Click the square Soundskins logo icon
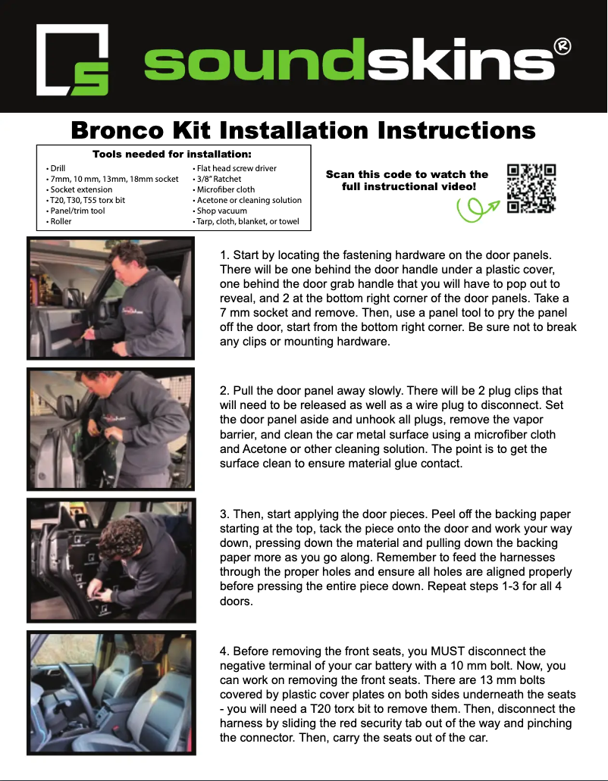click(73, 60)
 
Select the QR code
click(531, 188)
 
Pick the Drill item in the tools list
click(58, 168)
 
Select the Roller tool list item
click(60, 221)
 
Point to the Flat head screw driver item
click(237, 168)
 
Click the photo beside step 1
click(111, 298)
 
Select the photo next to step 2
click(111, 429)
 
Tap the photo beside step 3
click(111, 560)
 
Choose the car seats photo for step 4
click(111, 692)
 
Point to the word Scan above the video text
click(341, 174)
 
